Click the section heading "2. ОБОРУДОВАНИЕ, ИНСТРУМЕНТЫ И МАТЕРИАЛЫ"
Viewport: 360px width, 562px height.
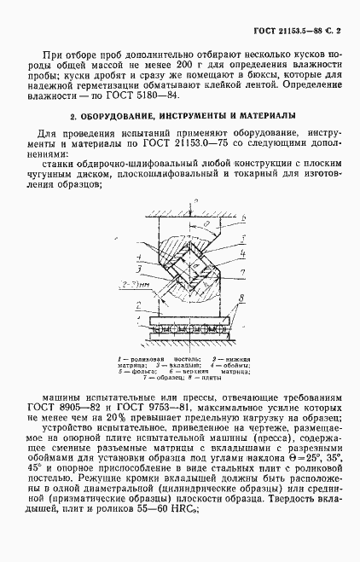(x=179, y=114)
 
